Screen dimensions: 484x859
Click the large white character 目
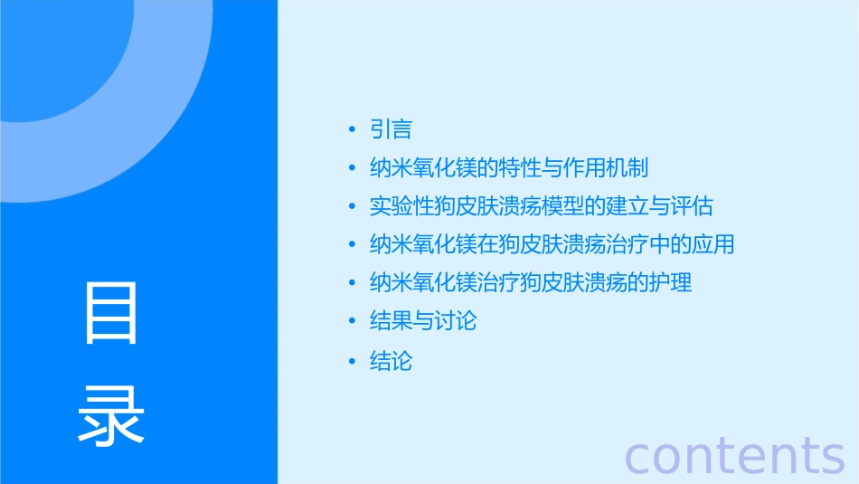(111, 312)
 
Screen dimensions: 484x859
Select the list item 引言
(391, 129)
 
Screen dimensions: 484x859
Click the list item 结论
(391, 361)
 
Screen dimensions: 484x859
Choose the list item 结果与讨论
(422, 320)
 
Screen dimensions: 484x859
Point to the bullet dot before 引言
(352, 130)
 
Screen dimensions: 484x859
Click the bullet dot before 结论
(352, 362)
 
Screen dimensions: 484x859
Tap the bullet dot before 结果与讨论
(352, 321)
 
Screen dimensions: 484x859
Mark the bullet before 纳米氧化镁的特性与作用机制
(352, 169)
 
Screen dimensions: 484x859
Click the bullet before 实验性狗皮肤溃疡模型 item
(352, 207)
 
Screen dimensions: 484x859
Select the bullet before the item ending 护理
(352, 283)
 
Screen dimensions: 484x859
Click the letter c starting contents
(639, 456)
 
